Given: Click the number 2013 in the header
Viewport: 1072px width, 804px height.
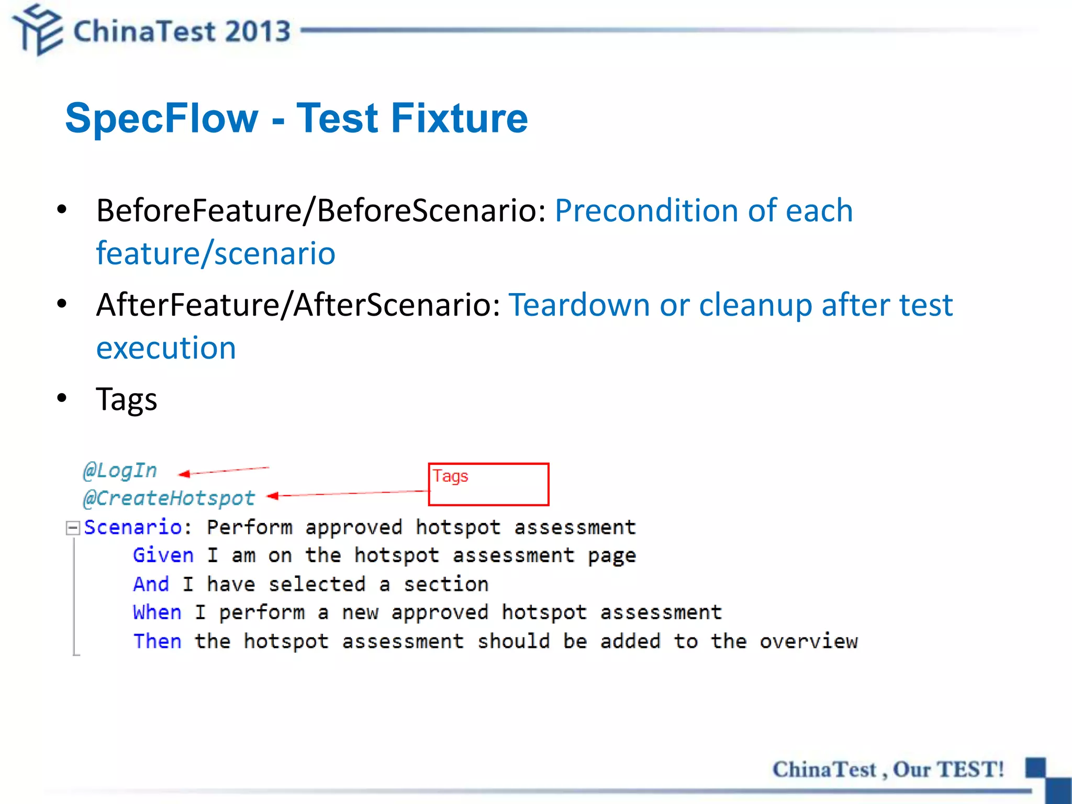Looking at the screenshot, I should coord(258,31).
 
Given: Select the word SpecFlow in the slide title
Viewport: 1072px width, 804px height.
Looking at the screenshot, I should coord(162,118).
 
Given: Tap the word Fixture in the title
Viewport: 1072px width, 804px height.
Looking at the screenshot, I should coord(459,118).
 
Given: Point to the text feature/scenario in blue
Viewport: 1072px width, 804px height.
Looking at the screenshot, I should coord(216,253).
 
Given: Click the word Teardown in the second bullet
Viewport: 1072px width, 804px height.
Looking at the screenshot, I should coord(579,305).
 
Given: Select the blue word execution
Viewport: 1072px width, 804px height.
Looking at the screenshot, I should coord(166,348).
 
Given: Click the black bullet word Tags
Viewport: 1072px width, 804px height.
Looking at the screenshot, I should coord(126,399).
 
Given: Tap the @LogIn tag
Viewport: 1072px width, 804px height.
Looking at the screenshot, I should coord(120,470).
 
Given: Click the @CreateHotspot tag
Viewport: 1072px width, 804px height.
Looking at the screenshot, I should coord(169,498).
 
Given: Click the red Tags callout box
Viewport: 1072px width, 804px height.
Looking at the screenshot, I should coord(488,485).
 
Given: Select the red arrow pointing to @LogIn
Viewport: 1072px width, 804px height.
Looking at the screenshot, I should coord(224,471).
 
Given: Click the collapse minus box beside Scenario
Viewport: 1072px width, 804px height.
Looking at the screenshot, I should coord(73,528).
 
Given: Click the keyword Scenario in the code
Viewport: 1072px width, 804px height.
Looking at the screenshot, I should coord(132,527).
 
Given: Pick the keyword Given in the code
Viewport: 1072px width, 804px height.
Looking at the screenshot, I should coord(163,555).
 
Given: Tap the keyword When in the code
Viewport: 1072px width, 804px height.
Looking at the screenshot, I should coord(157,612).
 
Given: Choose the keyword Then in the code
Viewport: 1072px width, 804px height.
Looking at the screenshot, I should coord(157,641).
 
